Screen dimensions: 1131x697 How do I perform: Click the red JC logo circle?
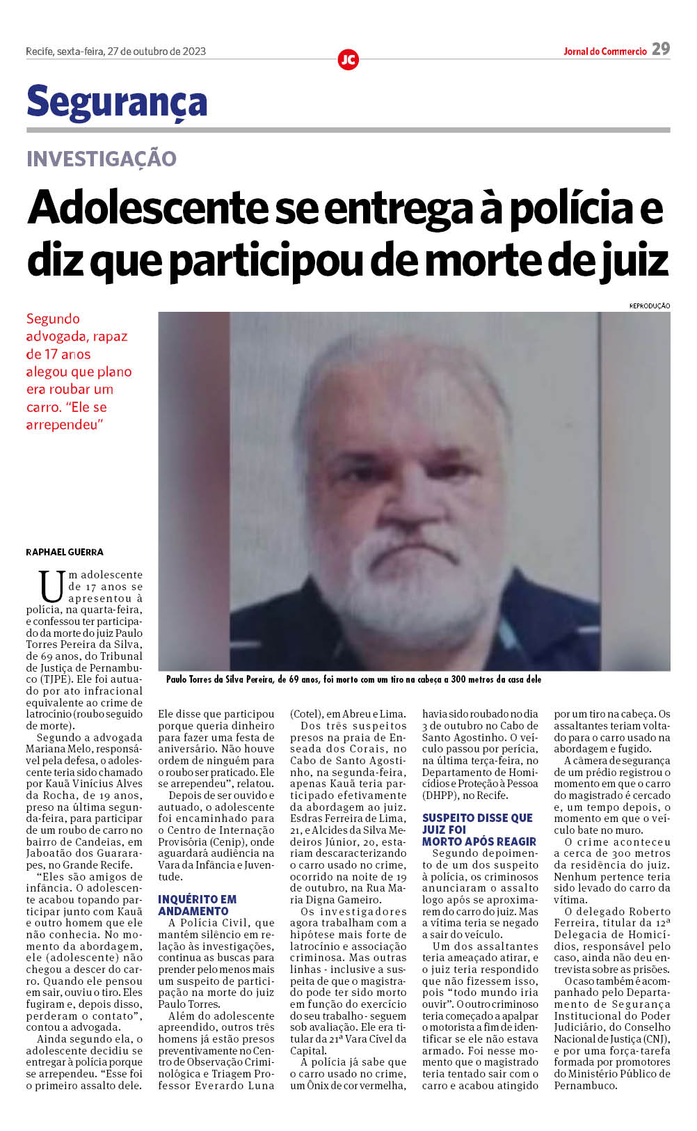point(348,60)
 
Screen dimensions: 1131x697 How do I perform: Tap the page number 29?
point(661,49)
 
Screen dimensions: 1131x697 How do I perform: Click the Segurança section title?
point(117,102)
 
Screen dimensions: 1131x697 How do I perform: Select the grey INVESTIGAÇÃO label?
point(102,159)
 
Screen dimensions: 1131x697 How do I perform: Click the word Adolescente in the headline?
point(147,208)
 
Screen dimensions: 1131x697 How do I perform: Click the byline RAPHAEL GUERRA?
point(65,552)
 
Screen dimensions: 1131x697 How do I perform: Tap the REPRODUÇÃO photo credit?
point(649,306)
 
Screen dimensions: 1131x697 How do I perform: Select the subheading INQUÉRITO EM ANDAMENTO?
point(197,905)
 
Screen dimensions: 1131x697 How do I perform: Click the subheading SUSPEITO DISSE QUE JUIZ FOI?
point(478,823)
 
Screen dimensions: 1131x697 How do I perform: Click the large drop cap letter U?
point(51,586)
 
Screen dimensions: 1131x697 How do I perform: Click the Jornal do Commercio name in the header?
point(604,52)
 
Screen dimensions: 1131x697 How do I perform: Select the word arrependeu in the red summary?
point(61,425)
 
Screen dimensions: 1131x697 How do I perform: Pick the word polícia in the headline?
point(570,208)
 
